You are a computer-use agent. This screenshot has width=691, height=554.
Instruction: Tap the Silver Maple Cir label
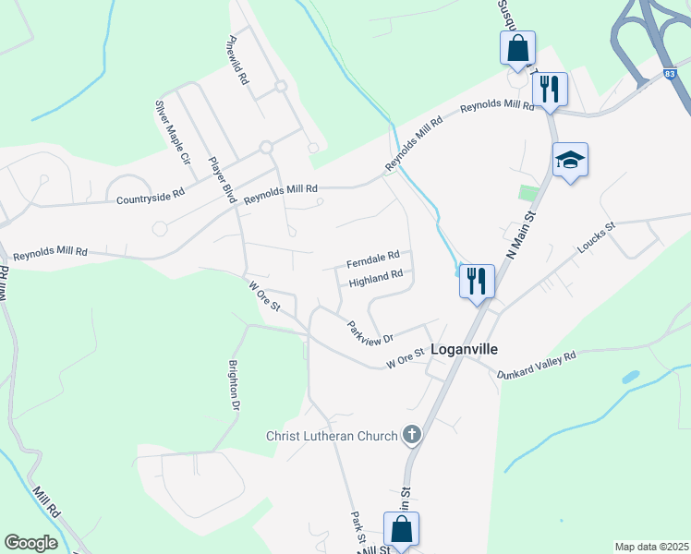point(172,132)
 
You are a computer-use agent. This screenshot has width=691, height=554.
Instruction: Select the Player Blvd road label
point(224,179)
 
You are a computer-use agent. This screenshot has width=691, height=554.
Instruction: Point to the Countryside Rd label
point(151,196)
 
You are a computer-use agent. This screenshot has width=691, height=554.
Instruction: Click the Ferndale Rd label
point(372,256)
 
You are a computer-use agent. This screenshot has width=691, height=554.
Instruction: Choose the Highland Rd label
point(376,275)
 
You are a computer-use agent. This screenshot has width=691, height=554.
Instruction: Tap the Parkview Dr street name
point(370,333)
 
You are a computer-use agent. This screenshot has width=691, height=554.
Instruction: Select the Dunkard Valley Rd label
point(536,364)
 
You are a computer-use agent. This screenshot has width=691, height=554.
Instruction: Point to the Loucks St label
point(596,237)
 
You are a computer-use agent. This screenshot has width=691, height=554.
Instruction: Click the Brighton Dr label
point(235,385)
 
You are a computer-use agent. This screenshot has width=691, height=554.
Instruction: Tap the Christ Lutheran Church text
point(332,435)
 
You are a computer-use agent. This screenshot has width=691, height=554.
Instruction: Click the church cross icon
point(412,434)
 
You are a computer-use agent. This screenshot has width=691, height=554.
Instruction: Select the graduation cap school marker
point(570,161)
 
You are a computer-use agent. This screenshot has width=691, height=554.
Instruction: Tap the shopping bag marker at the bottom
point(401,529)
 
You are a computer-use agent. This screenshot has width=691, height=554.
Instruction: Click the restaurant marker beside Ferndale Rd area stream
point(477,280)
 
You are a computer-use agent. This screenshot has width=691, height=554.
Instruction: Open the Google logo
point(30,543)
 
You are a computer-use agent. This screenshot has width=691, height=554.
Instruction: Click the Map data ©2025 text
point(651,547)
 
